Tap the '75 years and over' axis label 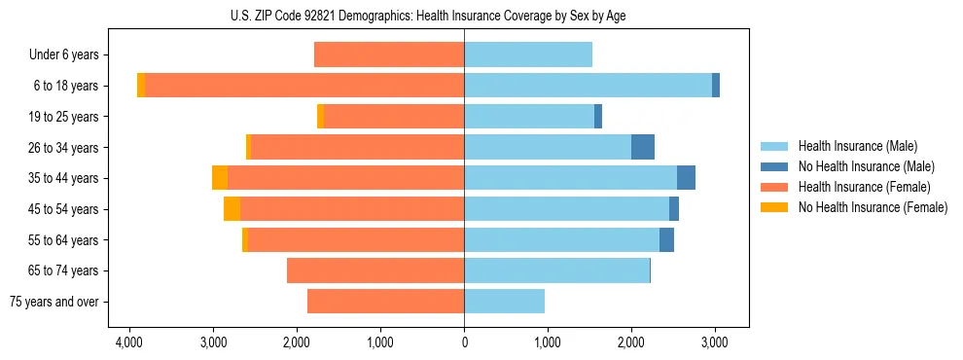tap(53, 302)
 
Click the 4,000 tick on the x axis tap(129, 342)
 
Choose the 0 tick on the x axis tap(464, 342)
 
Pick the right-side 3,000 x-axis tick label tap(715, 342)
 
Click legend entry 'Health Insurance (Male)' tap(857, 146)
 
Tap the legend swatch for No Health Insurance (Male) tap(775, 166)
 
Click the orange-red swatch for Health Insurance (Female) tap(775, 187)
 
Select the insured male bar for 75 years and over tap(504, 302)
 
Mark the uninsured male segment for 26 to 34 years tap(643, 147)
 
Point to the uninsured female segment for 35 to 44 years tap(220, 178)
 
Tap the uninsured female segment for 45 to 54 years tap(232, 209)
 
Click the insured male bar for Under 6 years tap(528, 54)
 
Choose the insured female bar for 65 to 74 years tap(375, 270)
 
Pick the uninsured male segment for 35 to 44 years tap(686, 178)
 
